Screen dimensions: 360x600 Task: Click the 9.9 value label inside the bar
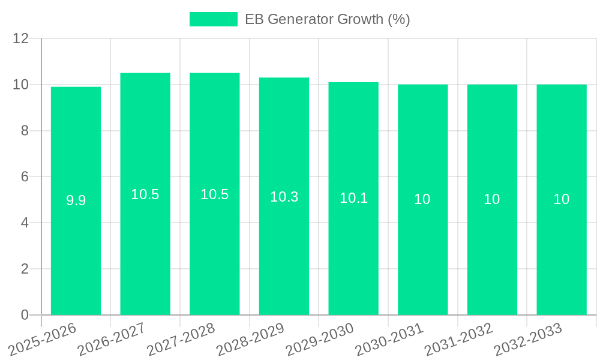76,200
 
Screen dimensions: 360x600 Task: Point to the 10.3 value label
284,197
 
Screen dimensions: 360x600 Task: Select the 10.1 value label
353,198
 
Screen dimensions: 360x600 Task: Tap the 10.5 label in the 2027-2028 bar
214,194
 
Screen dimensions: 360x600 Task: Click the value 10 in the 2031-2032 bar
491,199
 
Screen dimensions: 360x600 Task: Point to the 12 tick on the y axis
20,39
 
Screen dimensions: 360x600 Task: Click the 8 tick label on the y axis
25,131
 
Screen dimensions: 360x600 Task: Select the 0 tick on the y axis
25,315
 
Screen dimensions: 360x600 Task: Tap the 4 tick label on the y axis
25,223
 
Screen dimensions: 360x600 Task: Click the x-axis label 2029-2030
319,340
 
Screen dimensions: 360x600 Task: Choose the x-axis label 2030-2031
389,340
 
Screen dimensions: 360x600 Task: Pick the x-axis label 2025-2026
42,340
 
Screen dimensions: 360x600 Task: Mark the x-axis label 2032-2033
527,340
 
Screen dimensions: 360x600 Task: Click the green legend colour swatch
213,19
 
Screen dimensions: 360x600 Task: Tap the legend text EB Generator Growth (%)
328,19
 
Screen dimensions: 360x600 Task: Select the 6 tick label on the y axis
25,177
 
